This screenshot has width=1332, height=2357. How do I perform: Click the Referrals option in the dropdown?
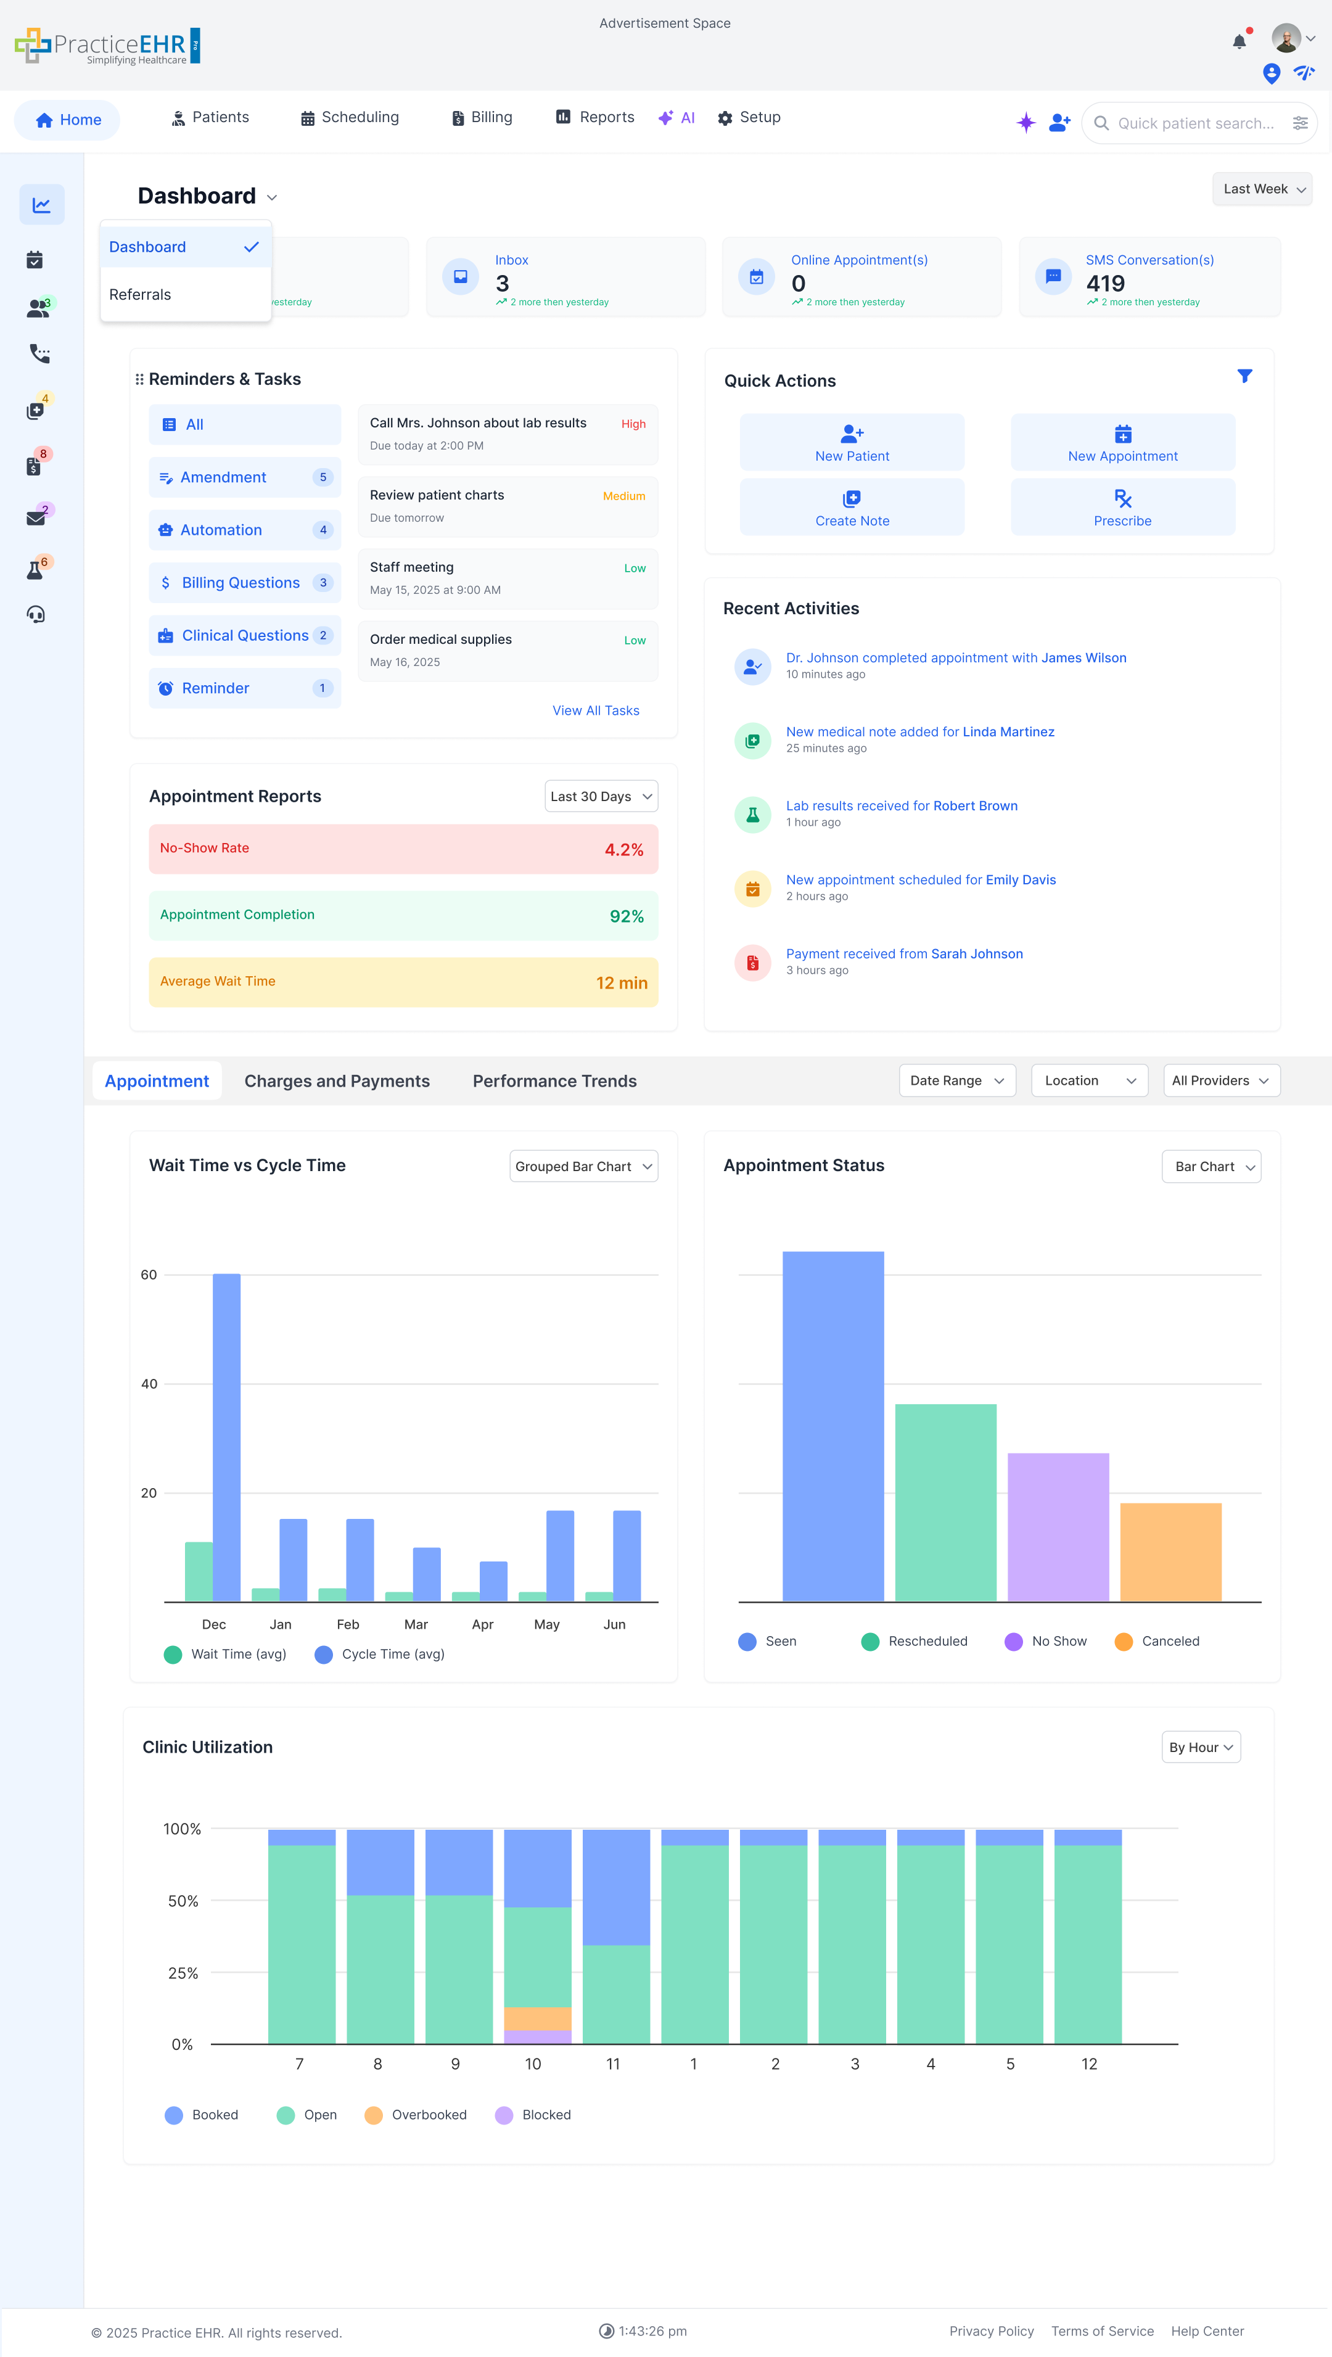click(140, 295)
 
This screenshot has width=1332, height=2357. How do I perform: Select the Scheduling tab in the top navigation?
click(350, 117)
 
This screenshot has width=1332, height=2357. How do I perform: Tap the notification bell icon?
click(1239, 41)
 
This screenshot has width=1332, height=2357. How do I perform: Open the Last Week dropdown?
click(1262, 189)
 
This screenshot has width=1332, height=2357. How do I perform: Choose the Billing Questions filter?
click(240, 583)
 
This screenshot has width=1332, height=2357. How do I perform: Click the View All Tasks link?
click(596, 711)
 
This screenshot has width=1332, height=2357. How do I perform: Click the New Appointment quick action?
click(1122, 443)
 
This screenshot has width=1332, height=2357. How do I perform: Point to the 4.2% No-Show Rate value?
click(624, 850)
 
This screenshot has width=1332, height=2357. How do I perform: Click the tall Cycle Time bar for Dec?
click(227, 1436)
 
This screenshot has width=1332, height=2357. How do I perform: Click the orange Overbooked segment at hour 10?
click(538, 2018)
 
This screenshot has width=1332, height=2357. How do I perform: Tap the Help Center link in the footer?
click(1207, 2330)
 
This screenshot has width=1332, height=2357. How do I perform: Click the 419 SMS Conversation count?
click(1105, 284)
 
